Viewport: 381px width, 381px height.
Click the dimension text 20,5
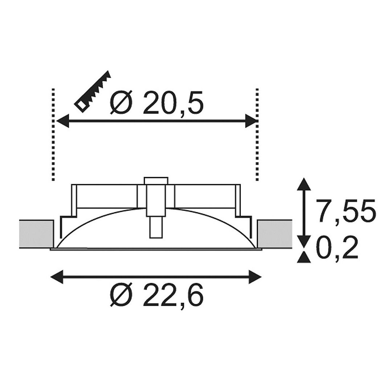pyautogui.click(x=173, y=103)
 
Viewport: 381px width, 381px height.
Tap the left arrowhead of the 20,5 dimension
pyautogui.click(x=62, y=120)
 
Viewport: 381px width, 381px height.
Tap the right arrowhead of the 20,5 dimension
pyautogui.click(x=251, y=120)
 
